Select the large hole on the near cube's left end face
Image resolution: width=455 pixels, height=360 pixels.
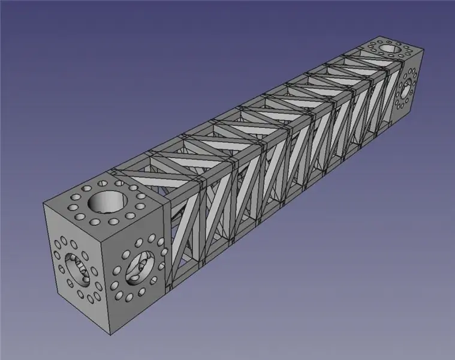76,269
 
